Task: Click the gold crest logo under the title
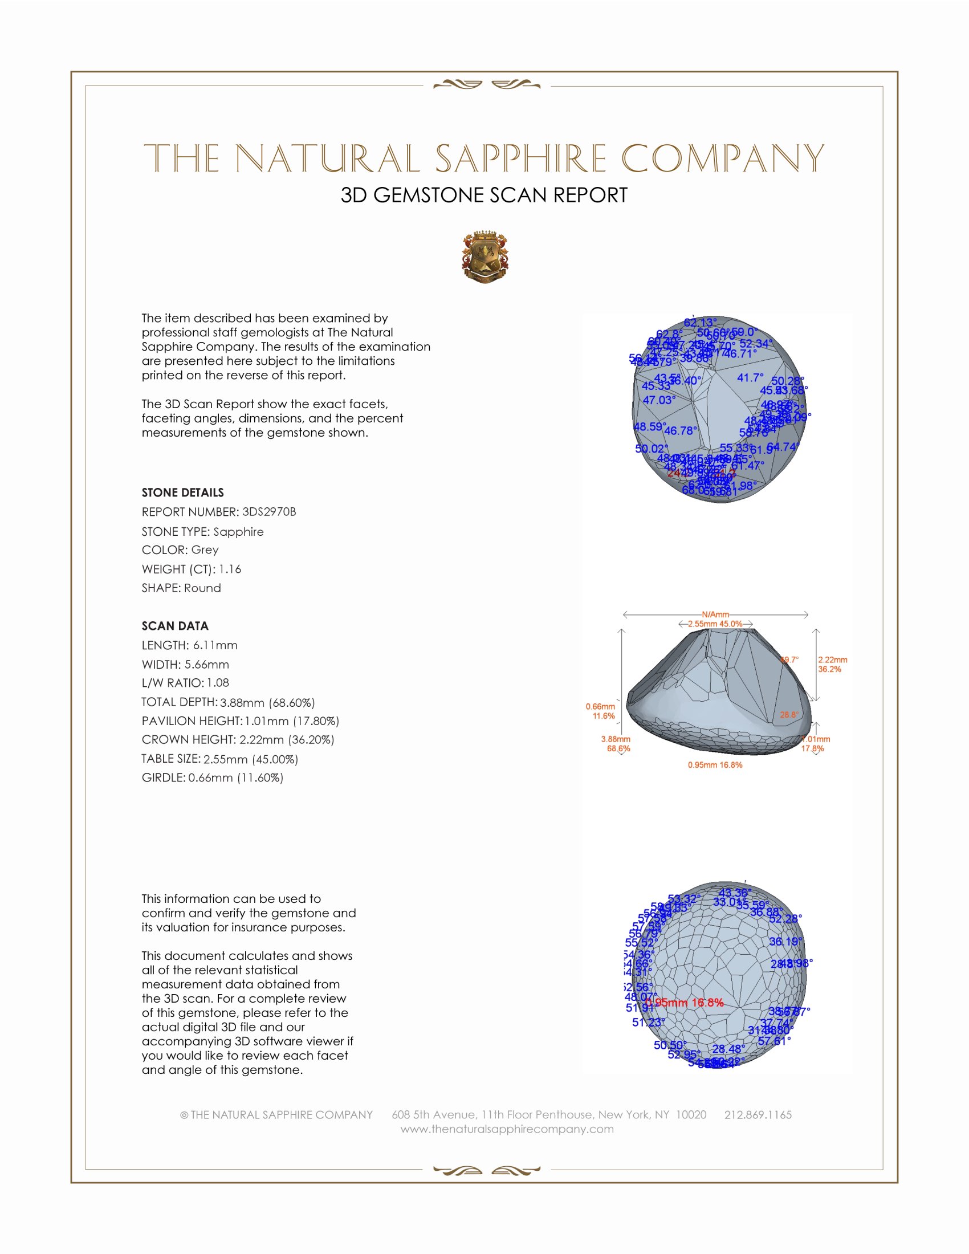(x=485, y=258)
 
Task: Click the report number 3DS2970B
(x=268, y=512)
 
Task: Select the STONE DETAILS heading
(x=182, y=492)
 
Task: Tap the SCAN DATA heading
(x=175, y=626)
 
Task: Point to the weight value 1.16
(x=230, y=569)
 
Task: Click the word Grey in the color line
(x=205, y=549)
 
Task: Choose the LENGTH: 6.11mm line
(x=189, y=645)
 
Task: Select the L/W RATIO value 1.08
(x=218, y=683)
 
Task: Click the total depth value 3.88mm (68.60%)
(x=267, y=702)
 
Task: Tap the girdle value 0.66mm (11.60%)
(x=235, y=777)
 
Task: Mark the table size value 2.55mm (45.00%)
(x=250, y=759)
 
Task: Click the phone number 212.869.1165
(x=758, y=1114)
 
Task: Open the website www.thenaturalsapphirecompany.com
(x=507, y=1129)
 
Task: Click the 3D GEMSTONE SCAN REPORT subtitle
(x=484, y=195)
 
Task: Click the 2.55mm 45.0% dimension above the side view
(x=715, y=624)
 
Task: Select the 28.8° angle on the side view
(x=789, y=715)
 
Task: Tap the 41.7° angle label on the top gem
(x=750, y=378)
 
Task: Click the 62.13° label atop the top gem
(x=700, y=323)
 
